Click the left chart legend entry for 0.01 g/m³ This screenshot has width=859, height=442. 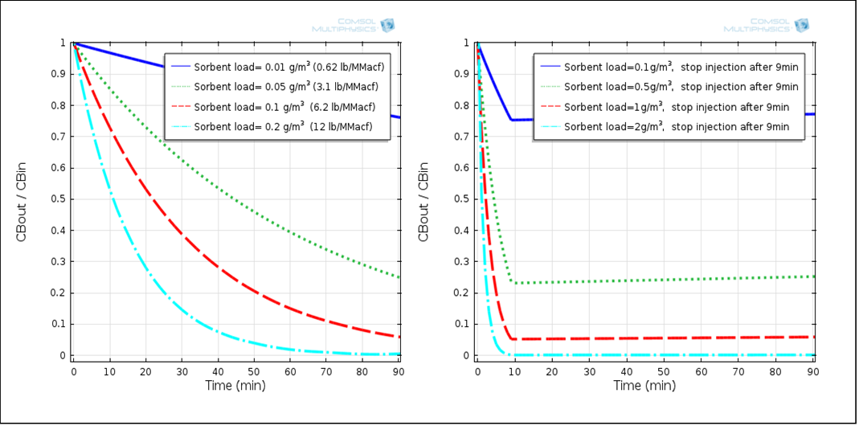(x=277, y=65)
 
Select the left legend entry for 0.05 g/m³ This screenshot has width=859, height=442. (x=277, y=86)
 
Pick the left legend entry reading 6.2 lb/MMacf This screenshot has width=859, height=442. (x=277, y=107)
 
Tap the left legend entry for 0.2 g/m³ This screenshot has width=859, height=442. (x=277, y=127)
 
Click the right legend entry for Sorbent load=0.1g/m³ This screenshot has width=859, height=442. (x=669, y=67)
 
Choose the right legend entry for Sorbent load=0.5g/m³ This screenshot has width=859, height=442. (x=669, y=87)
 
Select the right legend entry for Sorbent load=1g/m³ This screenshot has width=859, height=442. (x=669, y=107)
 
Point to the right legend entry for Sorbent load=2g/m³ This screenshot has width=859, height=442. (x=669, y=127)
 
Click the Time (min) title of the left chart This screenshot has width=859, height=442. (x=235, y=386)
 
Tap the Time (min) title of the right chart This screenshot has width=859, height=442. (x=644, y=386)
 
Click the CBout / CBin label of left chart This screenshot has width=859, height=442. (x=22, y=201)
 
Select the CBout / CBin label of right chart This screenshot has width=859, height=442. (x=423, y=201)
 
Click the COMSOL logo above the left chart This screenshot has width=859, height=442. (x=354, y=25)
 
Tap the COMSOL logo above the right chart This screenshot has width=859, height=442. (x=765, y=25)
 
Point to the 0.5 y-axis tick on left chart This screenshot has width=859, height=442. (x=58, y=199)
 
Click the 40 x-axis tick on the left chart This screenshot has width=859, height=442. (x=218, y=371)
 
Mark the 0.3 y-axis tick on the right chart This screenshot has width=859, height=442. (x=460, y=262)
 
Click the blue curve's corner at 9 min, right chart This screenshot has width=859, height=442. (x=511, y=120)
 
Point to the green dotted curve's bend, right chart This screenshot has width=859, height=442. (x=513, y=281)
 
